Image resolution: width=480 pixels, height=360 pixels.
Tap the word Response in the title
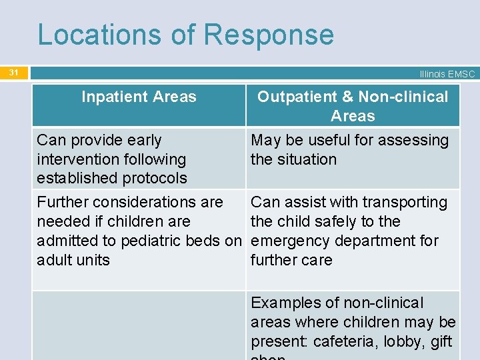click(x=269, y=35)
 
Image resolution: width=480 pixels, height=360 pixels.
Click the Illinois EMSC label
click(x=447, y=74)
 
